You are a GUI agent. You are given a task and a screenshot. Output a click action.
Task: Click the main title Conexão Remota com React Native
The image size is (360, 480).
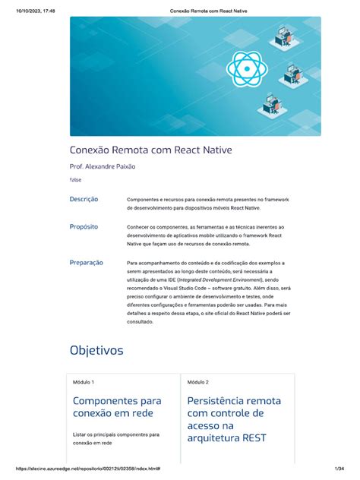150,151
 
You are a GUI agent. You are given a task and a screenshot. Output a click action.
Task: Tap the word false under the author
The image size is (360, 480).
76,180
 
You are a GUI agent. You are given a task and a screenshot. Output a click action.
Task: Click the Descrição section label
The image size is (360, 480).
84,199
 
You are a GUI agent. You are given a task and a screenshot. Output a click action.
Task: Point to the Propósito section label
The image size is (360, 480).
84,226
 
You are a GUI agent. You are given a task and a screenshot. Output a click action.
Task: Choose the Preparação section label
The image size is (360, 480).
87,262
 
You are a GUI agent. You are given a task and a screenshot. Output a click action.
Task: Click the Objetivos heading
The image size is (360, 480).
96,350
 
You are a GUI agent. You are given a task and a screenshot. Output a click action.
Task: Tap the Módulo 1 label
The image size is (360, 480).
84,382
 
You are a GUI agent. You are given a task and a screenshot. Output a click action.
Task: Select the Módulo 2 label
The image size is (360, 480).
197,382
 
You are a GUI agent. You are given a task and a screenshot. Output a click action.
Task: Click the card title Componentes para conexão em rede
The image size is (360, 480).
117,406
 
